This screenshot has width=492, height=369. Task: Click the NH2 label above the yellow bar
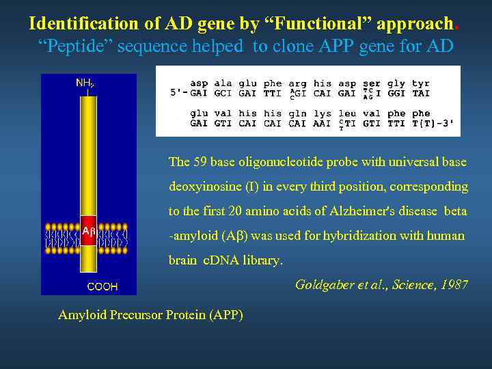click(x=85, y=83)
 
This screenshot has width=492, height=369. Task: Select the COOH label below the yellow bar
click(x=102, y=286)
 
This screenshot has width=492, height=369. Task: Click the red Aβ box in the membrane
click(x=88, y=232)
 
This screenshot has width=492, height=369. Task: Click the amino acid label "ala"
click(x=223, y=83)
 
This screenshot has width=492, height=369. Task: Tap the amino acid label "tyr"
click(x=421, y=83)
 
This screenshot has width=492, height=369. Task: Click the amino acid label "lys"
click(x=322, y=114)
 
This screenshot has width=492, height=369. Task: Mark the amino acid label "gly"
click(x=396, y=83)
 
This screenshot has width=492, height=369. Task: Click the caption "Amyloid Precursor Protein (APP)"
click(x=150, y=314)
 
